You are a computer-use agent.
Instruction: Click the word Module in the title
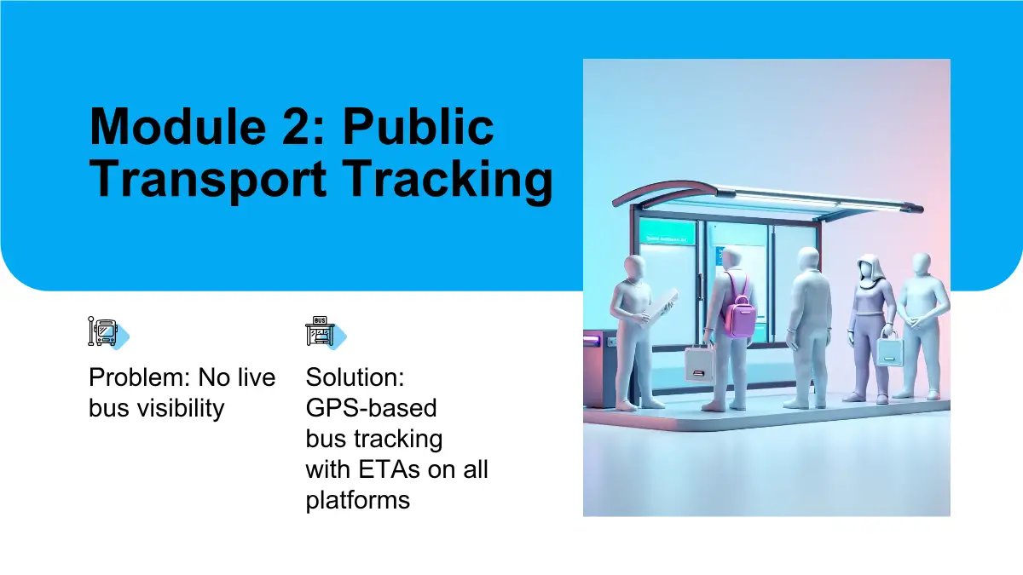[x=178, y=126]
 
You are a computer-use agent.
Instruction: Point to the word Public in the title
[x=419, y=126]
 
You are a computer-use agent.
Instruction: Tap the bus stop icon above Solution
[x=326, y=331]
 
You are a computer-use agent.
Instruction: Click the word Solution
[x=355, y=377]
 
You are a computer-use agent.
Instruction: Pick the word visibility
[x=182, y=408]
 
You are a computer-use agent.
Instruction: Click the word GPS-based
[x=372, y=408]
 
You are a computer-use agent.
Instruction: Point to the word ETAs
[x=388, y=469]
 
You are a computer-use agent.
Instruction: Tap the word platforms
[x=357, y=501]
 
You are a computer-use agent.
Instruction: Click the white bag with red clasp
[x=699, y=363]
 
